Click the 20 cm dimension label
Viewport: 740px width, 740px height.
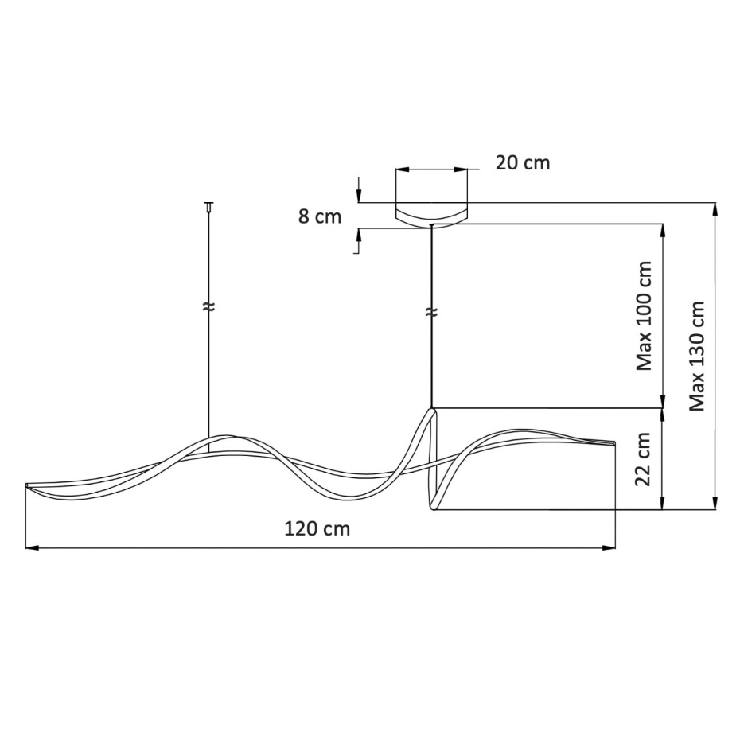click(x=523, y=163)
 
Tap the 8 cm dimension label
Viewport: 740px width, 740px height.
click(x=320, y=216)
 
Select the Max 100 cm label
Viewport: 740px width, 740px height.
click(x=645, y=316)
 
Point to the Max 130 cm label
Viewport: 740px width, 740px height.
click(x=697, y=356)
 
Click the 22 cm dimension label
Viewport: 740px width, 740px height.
click(x=644, y=459)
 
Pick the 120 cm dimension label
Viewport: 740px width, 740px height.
click(x=317, y=528)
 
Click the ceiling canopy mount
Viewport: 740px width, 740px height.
click(x=431, y=215)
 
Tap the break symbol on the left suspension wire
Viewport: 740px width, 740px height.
click(x=208, y=306)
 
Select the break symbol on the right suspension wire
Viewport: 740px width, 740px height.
click(x=431, y=312)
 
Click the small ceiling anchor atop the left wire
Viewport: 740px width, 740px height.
click(x=208, y=207)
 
